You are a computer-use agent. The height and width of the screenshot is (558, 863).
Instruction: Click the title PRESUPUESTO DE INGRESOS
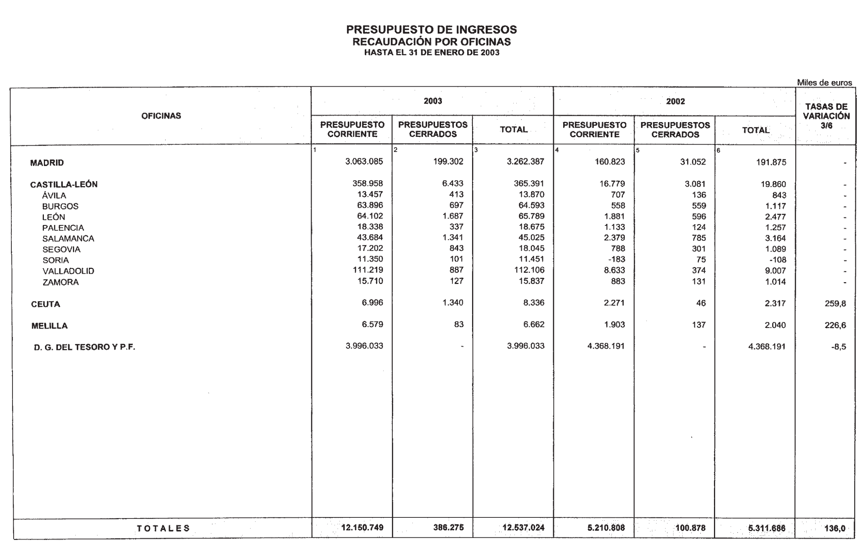(x=431, y=30)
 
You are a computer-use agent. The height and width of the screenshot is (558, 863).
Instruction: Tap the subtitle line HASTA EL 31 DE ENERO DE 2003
(x=431, y=53)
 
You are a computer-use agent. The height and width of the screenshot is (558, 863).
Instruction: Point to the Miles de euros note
(x=824, y=83)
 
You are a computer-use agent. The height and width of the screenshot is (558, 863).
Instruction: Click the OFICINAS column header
(x=161, y=116)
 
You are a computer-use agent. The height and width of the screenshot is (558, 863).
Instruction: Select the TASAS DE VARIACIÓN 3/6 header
(x=826, y=116)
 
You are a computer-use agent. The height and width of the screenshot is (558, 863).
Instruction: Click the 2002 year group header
(x=675, y=101)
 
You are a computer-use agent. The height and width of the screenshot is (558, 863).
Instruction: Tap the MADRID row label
(x=47, y=163)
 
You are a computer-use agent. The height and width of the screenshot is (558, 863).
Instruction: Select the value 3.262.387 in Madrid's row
(x=525, y=162)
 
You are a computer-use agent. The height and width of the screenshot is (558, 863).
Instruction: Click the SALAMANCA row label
(x=68, y=239)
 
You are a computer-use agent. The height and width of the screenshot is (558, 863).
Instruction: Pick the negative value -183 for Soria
(x=617, y=259)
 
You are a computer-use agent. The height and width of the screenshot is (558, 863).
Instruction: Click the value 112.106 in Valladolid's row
(x=529, y=270)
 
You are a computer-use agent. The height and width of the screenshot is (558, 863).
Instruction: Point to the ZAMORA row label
(x=60, y=282)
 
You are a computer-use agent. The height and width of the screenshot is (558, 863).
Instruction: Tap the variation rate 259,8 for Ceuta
(x=835, y=304)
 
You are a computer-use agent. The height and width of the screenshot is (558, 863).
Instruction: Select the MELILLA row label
(x=49, y=326)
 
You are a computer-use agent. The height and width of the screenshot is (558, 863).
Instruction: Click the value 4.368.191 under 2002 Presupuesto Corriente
(x=606, y=346)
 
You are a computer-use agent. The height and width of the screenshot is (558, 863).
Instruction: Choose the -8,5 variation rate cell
(x=838, y=347)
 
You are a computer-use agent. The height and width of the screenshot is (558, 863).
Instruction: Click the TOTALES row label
(x=163, y=528)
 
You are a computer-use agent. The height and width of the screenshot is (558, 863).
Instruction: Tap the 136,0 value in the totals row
(x=835, y=528)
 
